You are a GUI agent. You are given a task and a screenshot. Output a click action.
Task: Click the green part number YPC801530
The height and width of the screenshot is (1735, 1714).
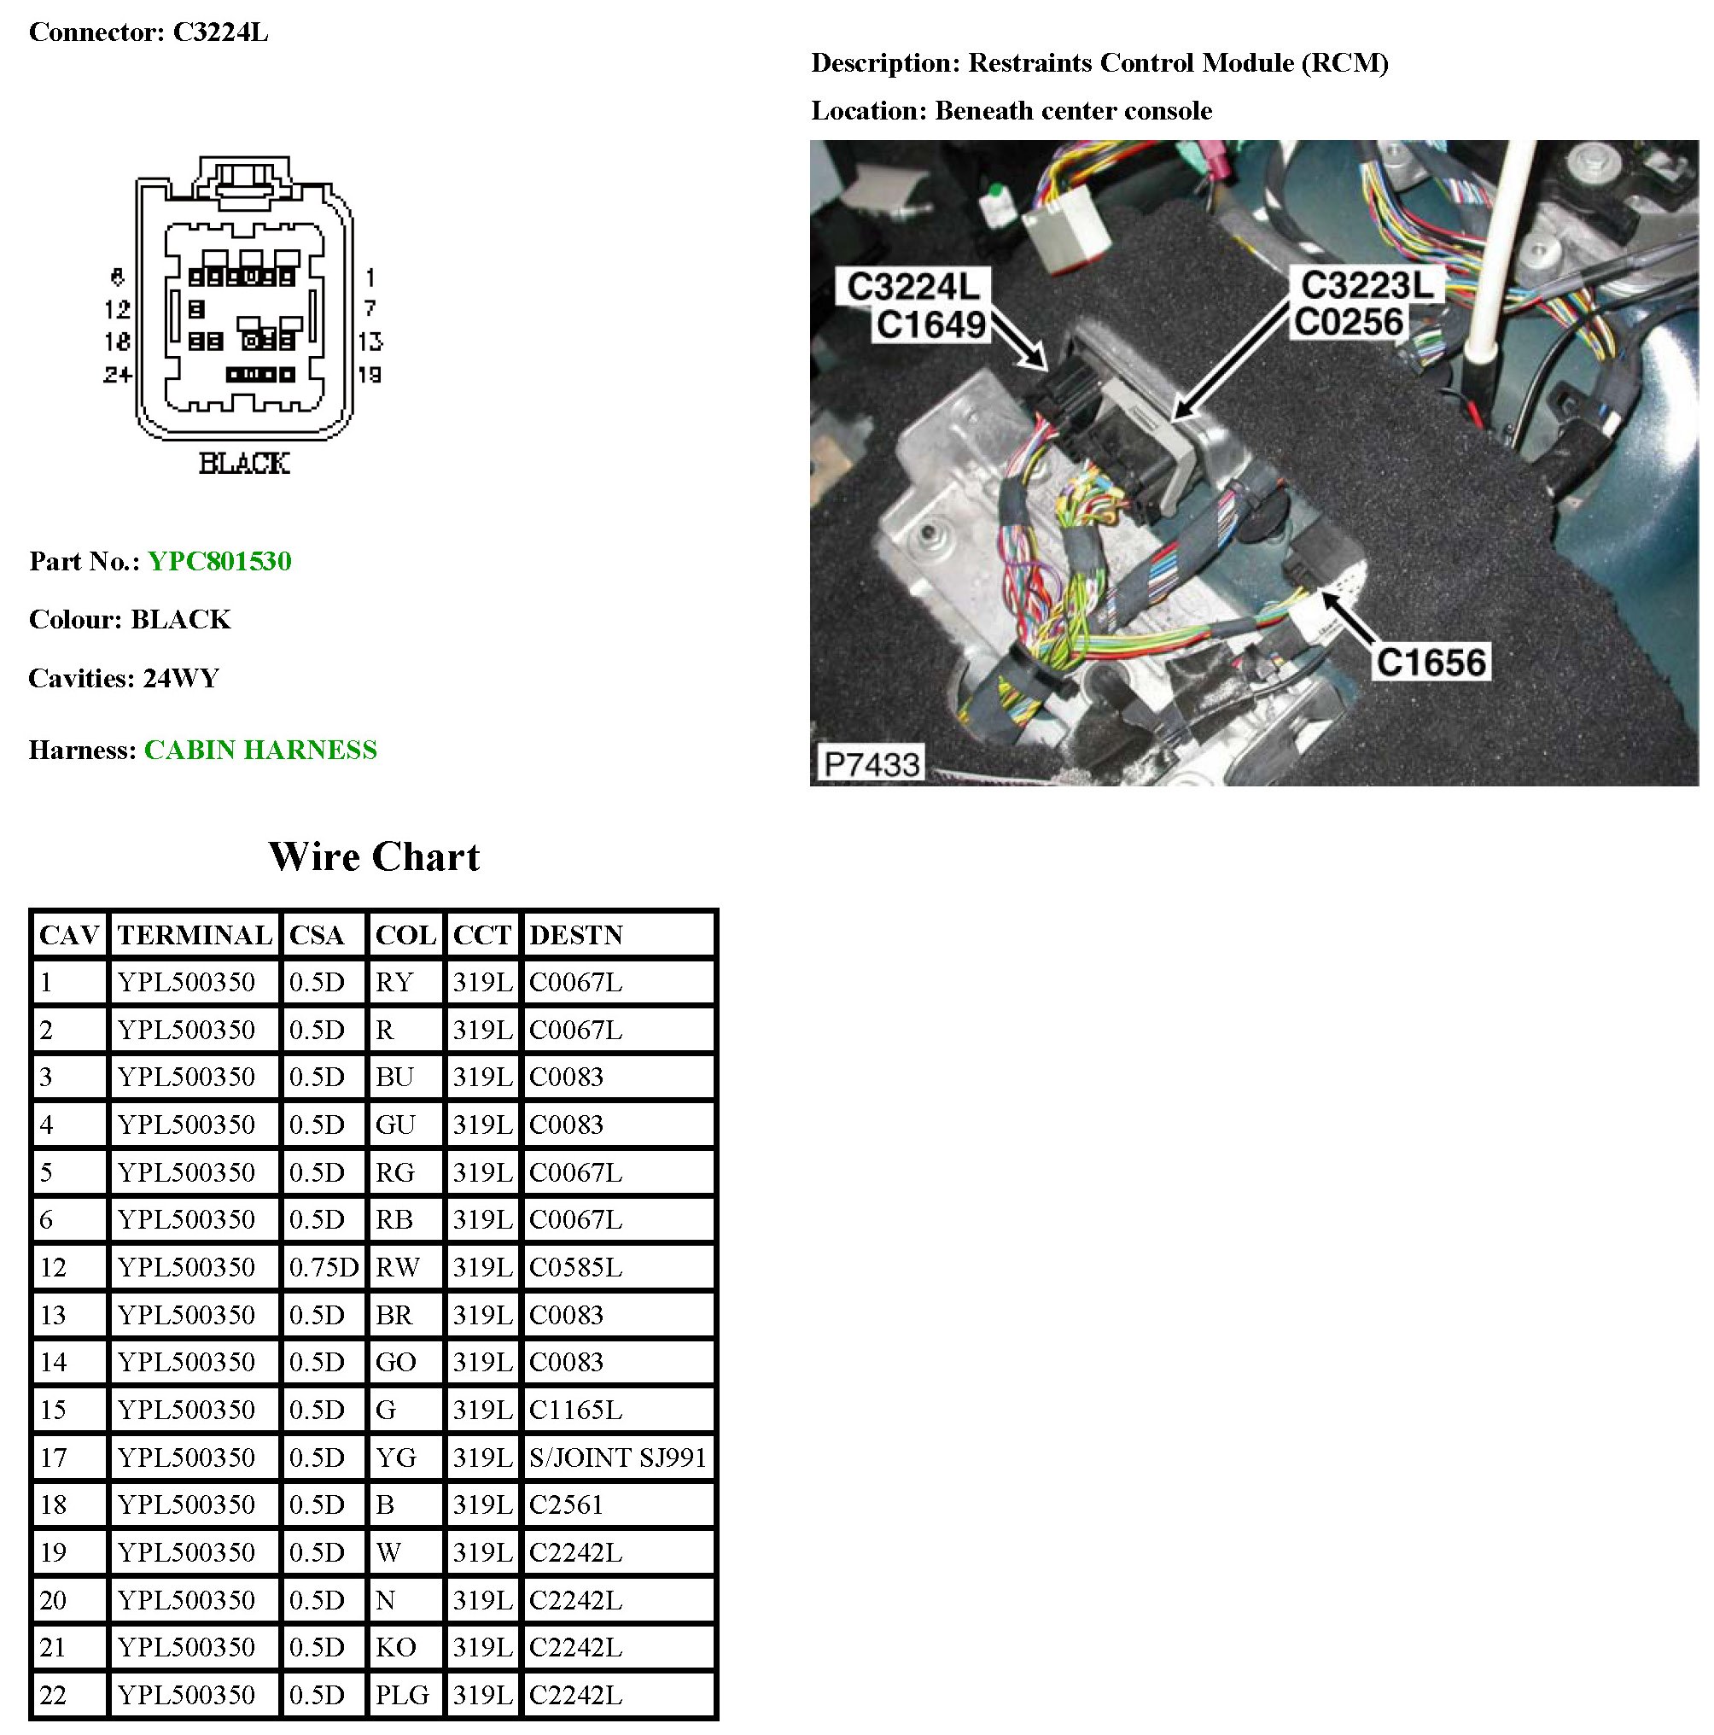(x=219, y=561)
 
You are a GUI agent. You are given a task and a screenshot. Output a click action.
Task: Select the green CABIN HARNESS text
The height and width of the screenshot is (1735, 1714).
(x=260, y=750)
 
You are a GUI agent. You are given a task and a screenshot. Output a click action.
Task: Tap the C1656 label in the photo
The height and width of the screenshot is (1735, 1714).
(x=1431, y=662)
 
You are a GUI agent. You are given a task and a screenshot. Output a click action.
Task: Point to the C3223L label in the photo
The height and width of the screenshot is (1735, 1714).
(x=1367, y=285)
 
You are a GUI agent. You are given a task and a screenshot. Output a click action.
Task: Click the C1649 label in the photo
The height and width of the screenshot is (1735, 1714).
(x=930, y=324)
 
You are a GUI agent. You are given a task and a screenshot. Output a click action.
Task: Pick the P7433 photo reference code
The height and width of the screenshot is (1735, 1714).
(x=871, y=764)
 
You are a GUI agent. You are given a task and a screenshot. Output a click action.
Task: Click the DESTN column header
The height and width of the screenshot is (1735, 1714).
(x=575, y=935)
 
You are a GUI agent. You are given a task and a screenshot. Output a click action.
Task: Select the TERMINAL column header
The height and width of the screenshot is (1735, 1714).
(x=194, y=935)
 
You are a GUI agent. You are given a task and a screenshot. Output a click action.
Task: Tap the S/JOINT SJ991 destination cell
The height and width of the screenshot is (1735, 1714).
(x=618, y=1457)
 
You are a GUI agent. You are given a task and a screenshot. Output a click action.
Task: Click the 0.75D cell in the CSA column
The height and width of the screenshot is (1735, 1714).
(x=324, y=1267)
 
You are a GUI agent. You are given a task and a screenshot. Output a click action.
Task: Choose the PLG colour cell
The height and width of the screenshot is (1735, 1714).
(x=402, y=1695)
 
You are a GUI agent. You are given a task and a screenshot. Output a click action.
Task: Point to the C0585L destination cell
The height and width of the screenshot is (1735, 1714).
(x=575, y=1267)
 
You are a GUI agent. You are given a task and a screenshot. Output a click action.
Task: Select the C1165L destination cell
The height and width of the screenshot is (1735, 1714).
(x=575, y=1409)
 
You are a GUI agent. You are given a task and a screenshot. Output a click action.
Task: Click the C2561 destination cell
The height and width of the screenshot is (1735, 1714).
(x=566, y=1504)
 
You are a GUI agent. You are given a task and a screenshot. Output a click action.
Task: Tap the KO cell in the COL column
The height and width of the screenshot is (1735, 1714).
(x=395, y=1647)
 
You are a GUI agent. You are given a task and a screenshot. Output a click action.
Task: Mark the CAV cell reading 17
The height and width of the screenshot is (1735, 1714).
(x=53, y=1457)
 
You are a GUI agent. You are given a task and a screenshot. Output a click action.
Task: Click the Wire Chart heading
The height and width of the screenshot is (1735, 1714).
(x=374, y=856)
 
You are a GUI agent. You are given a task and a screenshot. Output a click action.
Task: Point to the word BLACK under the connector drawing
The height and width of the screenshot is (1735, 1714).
(x=243, y=464)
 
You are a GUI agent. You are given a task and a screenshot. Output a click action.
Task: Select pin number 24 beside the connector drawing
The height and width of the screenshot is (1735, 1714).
(x=118, y=374)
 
